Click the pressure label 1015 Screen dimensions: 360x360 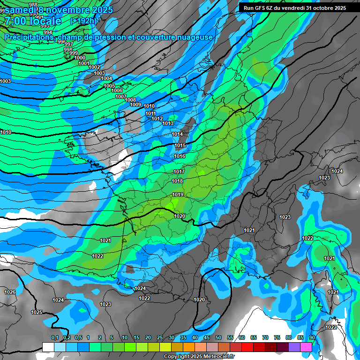(180, 145)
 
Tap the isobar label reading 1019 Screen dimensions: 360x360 (178, 195)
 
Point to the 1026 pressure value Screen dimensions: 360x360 (10, 292)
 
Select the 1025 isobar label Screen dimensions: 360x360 (37, 312)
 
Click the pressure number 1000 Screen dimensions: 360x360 (80, 58)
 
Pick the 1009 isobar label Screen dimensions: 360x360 (135, 105)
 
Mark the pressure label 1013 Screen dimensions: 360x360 (168, 123)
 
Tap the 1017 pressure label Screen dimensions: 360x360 (179, 172)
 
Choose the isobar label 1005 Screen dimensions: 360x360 (109, 86)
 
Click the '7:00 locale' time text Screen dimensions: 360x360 (32, 21)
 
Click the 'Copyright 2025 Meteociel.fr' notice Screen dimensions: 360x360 (199, 357)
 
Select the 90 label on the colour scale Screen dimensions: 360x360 (312, 337)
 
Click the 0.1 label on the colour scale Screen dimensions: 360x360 (55, 337)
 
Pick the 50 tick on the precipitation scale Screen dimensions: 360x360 (218, 337)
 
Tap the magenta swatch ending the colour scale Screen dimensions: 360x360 (306, 347)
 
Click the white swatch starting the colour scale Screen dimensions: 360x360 (48, 347)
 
